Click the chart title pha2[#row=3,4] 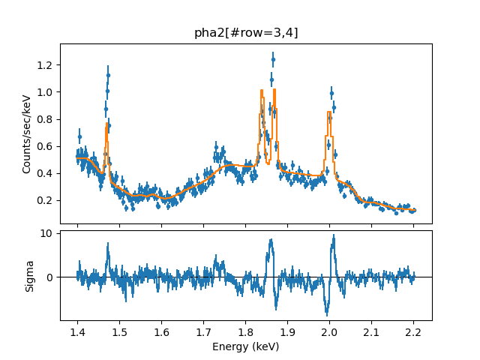246,33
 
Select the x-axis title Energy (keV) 246,346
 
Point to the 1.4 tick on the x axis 77,331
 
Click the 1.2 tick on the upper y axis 46,65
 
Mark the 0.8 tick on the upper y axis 46,119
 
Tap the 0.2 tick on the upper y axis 46,200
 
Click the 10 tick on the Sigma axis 46,233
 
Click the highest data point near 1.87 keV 273,58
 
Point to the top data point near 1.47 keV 108,75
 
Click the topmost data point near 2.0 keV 331,94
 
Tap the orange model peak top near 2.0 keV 329,112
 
